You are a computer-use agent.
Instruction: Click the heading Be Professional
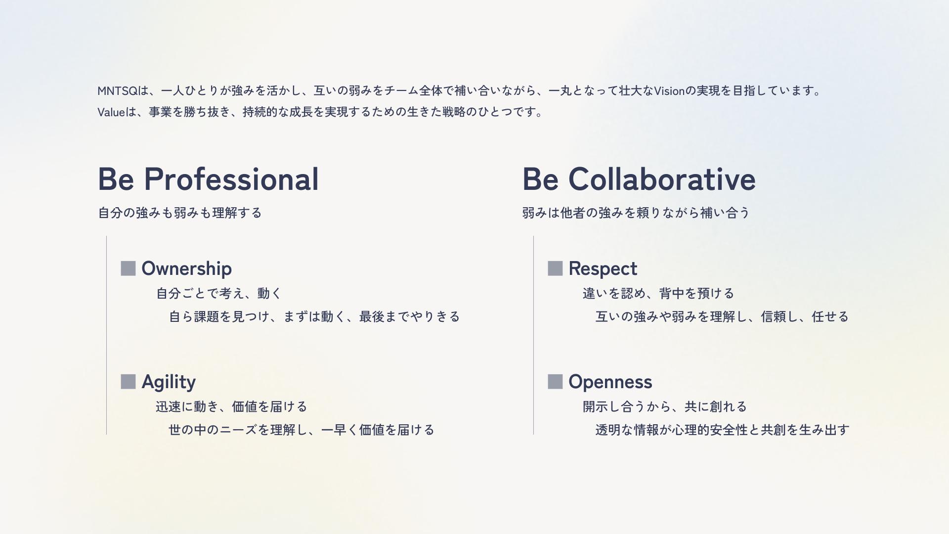point(208,178)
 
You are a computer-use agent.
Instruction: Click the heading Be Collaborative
point(639,178)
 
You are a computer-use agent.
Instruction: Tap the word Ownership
point(186,269)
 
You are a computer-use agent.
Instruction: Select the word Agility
point(169,382)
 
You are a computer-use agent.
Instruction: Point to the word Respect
point(603,269)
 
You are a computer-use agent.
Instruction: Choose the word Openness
point(610,382)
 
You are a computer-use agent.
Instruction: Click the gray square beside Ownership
point(128,268)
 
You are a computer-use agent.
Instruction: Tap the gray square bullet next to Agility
point(128,382)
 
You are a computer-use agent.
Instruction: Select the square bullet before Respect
point(555,268)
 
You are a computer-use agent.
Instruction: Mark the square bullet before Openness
point(555,382)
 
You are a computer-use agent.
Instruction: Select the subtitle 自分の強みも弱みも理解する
point(180,213)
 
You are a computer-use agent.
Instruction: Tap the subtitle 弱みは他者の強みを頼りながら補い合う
point(636,213)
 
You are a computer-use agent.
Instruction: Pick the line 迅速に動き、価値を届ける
point(231,407)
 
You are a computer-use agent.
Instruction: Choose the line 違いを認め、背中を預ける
point(658,294)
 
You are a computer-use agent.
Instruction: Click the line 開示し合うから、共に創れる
point(665,407)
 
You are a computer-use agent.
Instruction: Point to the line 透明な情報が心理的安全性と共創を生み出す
point(722,430)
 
